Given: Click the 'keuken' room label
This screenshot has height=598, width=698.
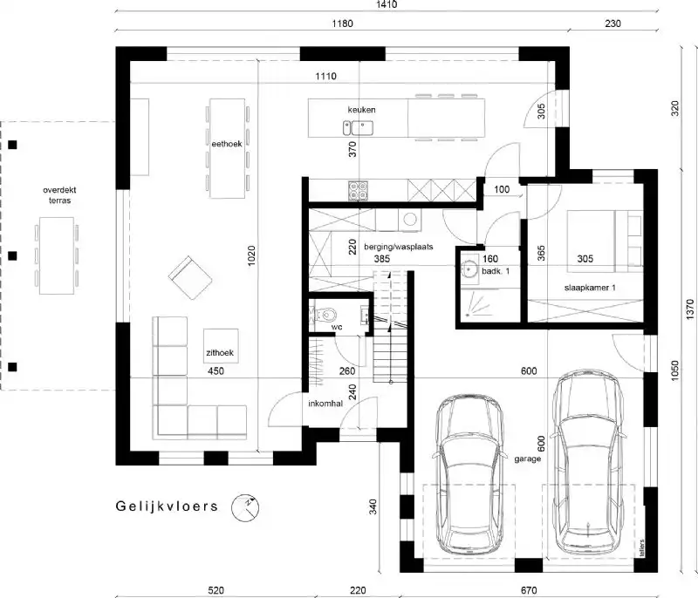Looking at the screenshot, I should (362, 109).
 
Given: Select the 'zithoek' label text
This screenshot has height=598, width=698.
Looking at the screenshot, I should (220, 354).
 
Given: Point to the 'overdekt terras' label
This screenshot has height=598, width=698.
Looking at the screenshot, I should (59, 194).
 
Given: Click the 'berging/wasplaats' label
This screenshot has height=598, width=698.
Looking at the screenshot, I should (386, 248).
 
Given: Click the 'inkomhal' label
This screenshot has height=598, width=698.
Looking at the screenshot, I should (324, 404).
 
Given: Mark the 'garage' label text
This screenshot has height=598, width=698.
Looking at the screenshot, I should (528, 458).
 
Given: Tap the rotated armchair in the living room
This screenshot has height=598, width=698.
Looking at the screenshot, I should (191, 277).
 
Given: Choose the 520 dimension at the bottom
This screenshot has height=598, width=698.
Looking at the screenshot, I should (216, 590).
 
